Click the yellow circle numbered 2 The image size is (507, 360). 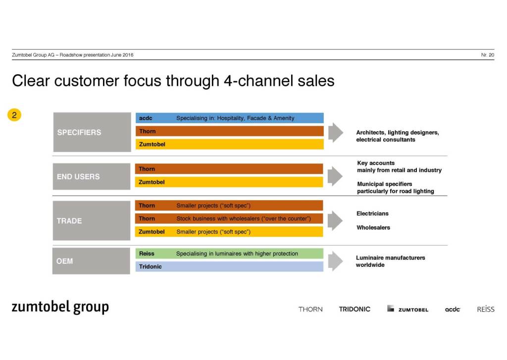(14, 115)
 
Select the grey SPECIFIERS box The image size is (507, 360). (92, 132)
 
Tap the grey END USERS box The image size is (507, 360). (92, 177)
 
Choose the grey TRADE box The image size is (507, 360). (92, 221)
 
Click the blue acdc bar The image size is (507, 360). (229, 118)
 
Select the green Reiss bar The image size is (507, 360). (229, 254)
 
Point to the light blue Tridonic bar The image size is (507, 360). (229, 266)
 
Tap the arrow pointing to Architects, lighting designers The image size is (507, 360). (335, 132)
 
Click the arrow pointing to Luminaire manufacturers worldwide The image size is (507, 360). (335, 261)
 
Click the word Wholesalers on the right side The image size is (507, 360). (373, 228)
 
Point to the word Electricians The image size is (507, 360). (372, 213)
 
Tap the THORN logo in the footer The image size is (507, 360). (310, 309)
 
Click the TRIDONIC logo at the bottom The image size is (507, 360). (355, 309)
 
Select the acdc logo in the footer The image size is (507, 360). (453, 309)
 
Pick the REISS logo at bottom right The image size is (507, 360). (486, 309)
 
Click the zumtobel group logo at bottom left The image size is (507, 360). (60, 307)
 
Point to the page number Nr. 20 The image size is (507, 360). (487, 55)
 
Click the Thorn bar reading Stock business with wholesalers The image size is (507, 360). (229, 218)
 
